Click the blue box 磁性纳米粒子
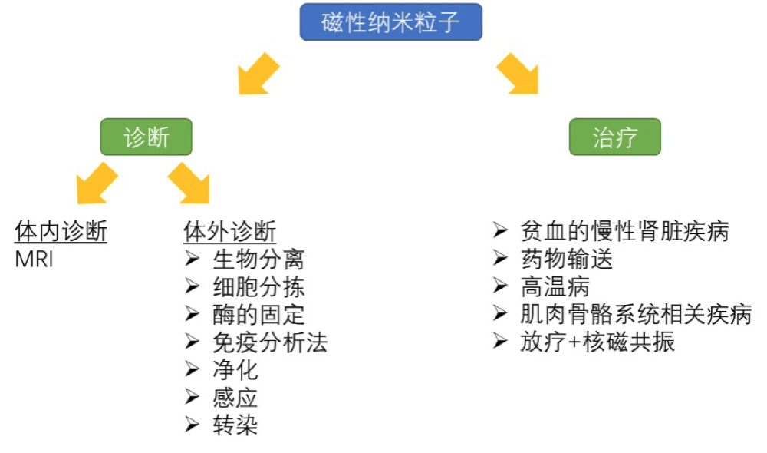click(x=391, y=22)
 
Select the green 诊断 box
click(x=146, y=138)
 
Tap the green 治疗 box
click(x=615, y=138)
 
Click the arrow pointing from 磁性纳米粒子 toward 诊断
click(x=257, y=74)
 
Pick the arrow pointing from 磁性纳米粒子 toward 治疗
click(x=518, y=74)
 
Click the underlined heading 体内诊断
click(x=61, y=231)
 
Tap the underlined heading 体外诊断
click(x=230, y=231)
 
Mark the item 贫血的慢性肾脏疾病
click(x=624, y=231)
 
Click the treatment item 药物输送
click(x=567, y=259)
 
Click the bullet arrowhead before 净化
click(x=193, y=369)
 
